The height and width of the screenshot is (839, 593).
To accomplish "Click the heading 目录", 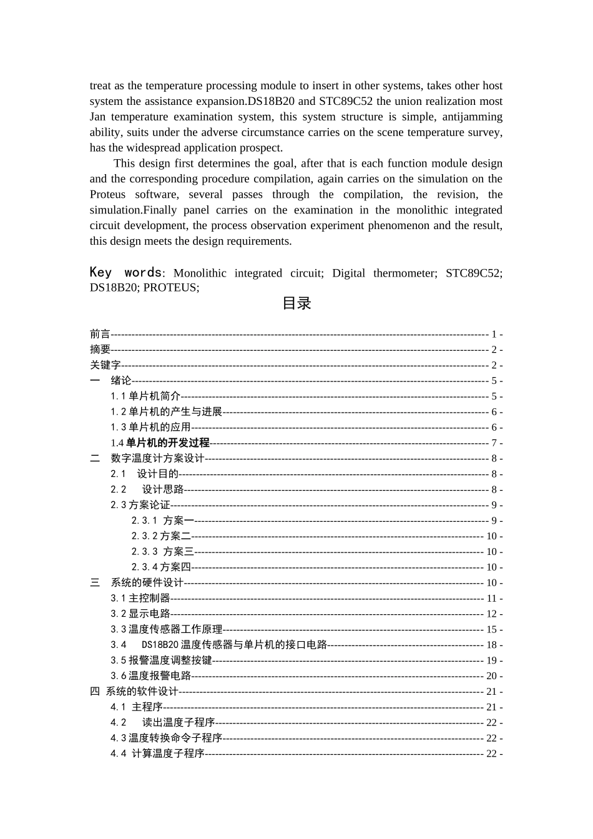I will point(296,304).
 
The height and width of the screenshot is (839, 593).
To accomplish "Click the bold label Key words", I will point(125,273).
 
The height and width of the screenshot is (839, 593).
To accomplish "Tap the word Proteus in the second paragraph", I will point(107,195).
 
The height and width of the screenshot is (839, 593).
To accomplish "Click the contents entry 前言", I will point(100,335).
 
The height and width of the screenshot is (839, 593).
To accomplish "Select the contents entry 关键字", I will point(105,365).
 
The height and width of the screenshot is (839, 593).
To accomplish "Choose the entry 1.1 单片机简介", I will point(145,396).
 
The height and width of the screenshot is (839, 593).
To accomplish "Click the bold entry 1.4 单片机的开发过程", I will point(160,443).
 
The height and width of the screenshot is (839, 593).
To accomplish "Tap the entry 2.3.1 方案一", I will point(162,521).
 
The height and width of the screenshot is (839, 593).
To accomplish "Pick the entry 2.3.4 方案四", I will point(160,567).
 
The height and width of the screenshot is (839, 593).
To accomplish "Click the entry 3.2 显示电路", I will point(140,614).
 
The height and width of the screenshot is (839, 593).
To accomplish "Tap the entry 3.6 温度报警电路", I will point(150,676).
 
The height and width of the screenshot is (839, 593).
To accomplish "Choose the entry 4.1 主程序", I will point(136,707).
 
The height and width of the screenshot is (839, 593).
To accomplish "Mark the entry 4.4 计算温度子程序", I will point(157,753).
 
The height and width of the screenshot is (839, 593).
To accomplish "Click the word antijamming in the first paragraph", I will point(472,117).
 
